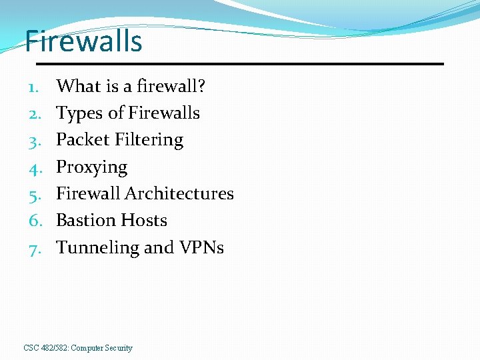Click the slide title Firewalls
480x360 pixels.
(83, 41)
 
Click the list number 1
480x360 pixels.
(35, 87)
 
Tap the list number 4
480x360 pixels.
(35, 167)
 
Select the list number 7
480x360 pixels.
(35, 248)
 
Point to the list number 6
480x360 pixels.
(35, 221)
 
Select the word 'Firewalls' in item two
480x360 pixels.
(164, 113)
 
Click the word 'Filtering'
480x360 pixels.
(149, 140)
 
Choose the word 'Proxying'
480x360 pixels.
(91, 167)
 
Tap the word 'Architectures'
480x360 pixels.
(179, 193)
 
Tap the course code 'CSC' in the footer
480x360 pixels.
(31, 348)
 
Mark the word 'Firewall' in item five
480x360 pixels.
(88, 193)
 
